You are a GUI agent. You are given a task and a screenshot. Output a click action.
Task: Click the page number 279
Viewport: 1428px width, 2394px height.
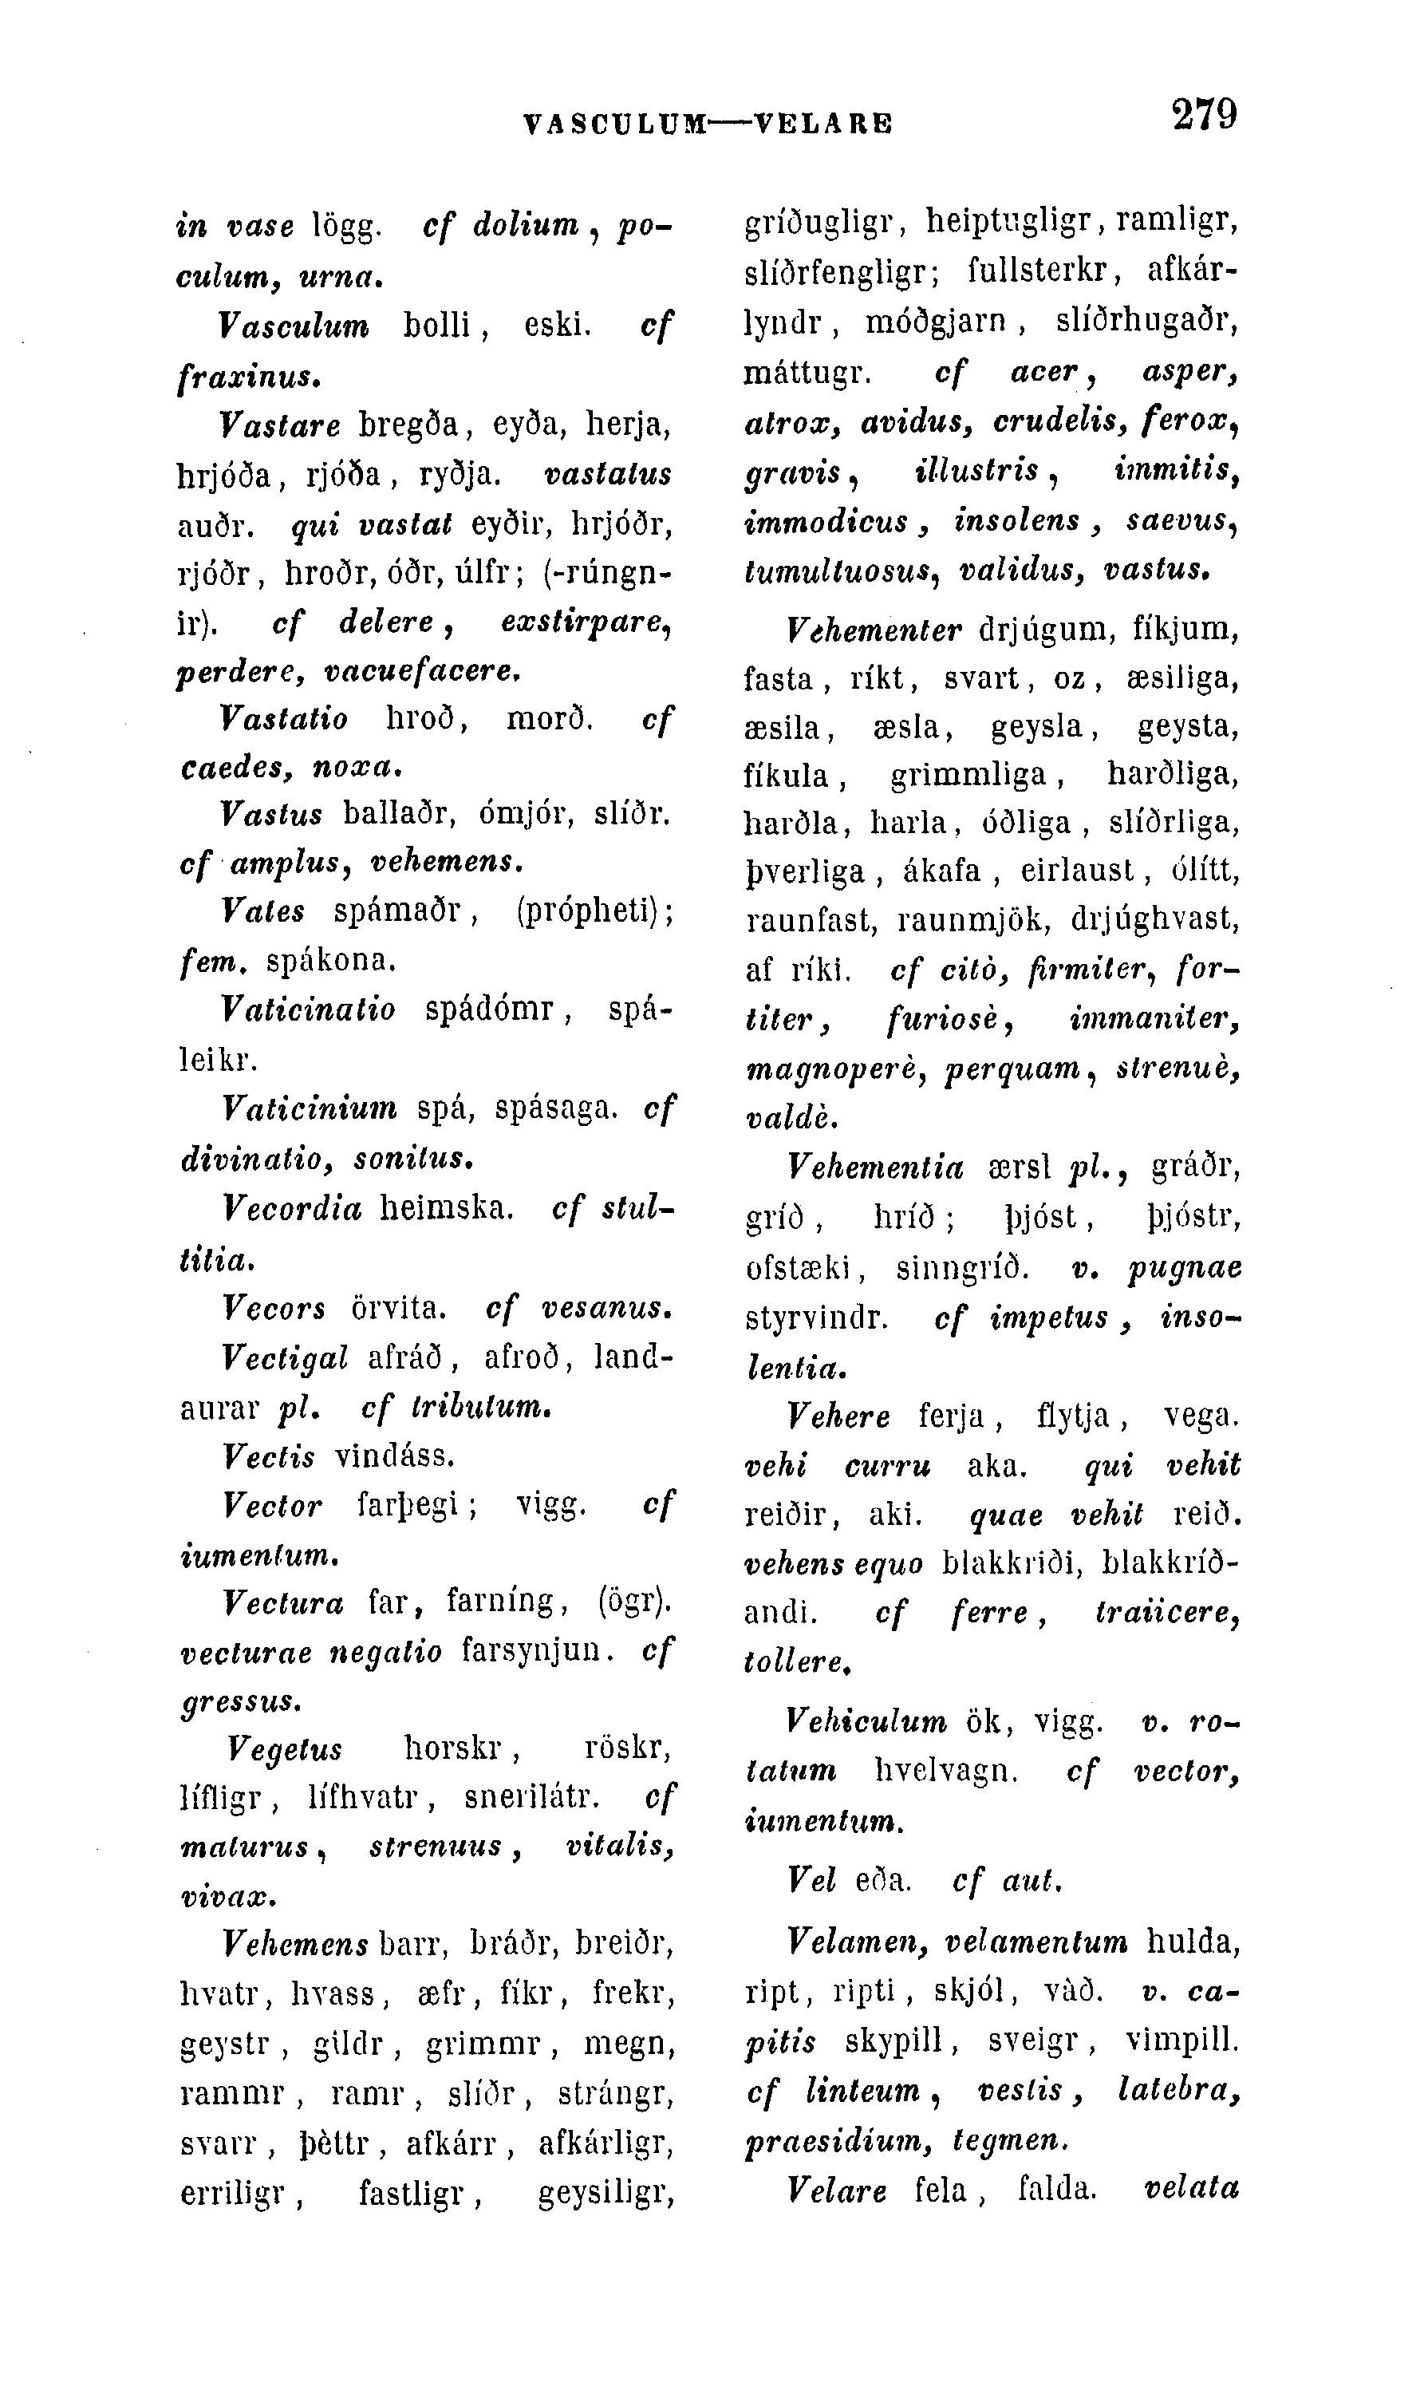(1204, 115)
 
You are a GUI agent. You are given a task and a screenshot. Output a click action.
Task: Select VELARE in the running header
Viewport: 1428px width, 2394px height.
(824, 123)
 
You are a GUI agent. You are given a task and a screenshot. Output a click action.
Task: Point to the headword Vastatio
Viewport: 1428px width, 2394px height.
(284, 718)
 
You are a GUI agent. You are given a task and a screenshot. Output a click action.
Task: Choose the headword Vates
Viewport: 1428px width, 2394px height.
(262, 911)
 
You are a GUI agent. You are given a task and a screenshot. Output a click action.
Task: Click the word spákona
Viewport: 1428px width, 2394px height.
(330, 960)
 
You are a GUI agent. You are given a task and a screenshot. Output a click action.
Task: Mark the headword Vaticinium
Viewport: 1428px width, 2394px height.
(309, 1109)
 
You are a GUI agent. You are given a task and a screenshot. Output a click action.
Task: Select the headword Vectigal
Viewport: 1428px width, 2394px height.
(285, 1357)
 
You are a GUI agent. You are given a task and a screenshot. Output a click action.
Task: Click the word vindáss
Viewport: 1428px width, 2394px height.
(396, 1456)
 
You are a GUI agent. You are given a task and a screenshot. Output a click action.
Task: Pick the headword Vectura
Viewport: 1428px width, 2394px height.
(283, 1602)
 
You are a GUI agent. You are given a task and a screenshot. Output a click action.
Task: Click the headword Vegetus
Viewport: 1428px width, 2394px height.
(284, 1748)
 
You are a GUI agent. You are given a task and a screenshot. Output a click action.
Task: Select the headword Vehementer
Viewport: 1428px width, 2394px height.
(874, 630)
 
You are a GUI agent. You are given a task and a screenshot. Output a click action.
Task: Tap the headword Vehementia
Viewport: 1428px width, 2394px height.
(874, 1168)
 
